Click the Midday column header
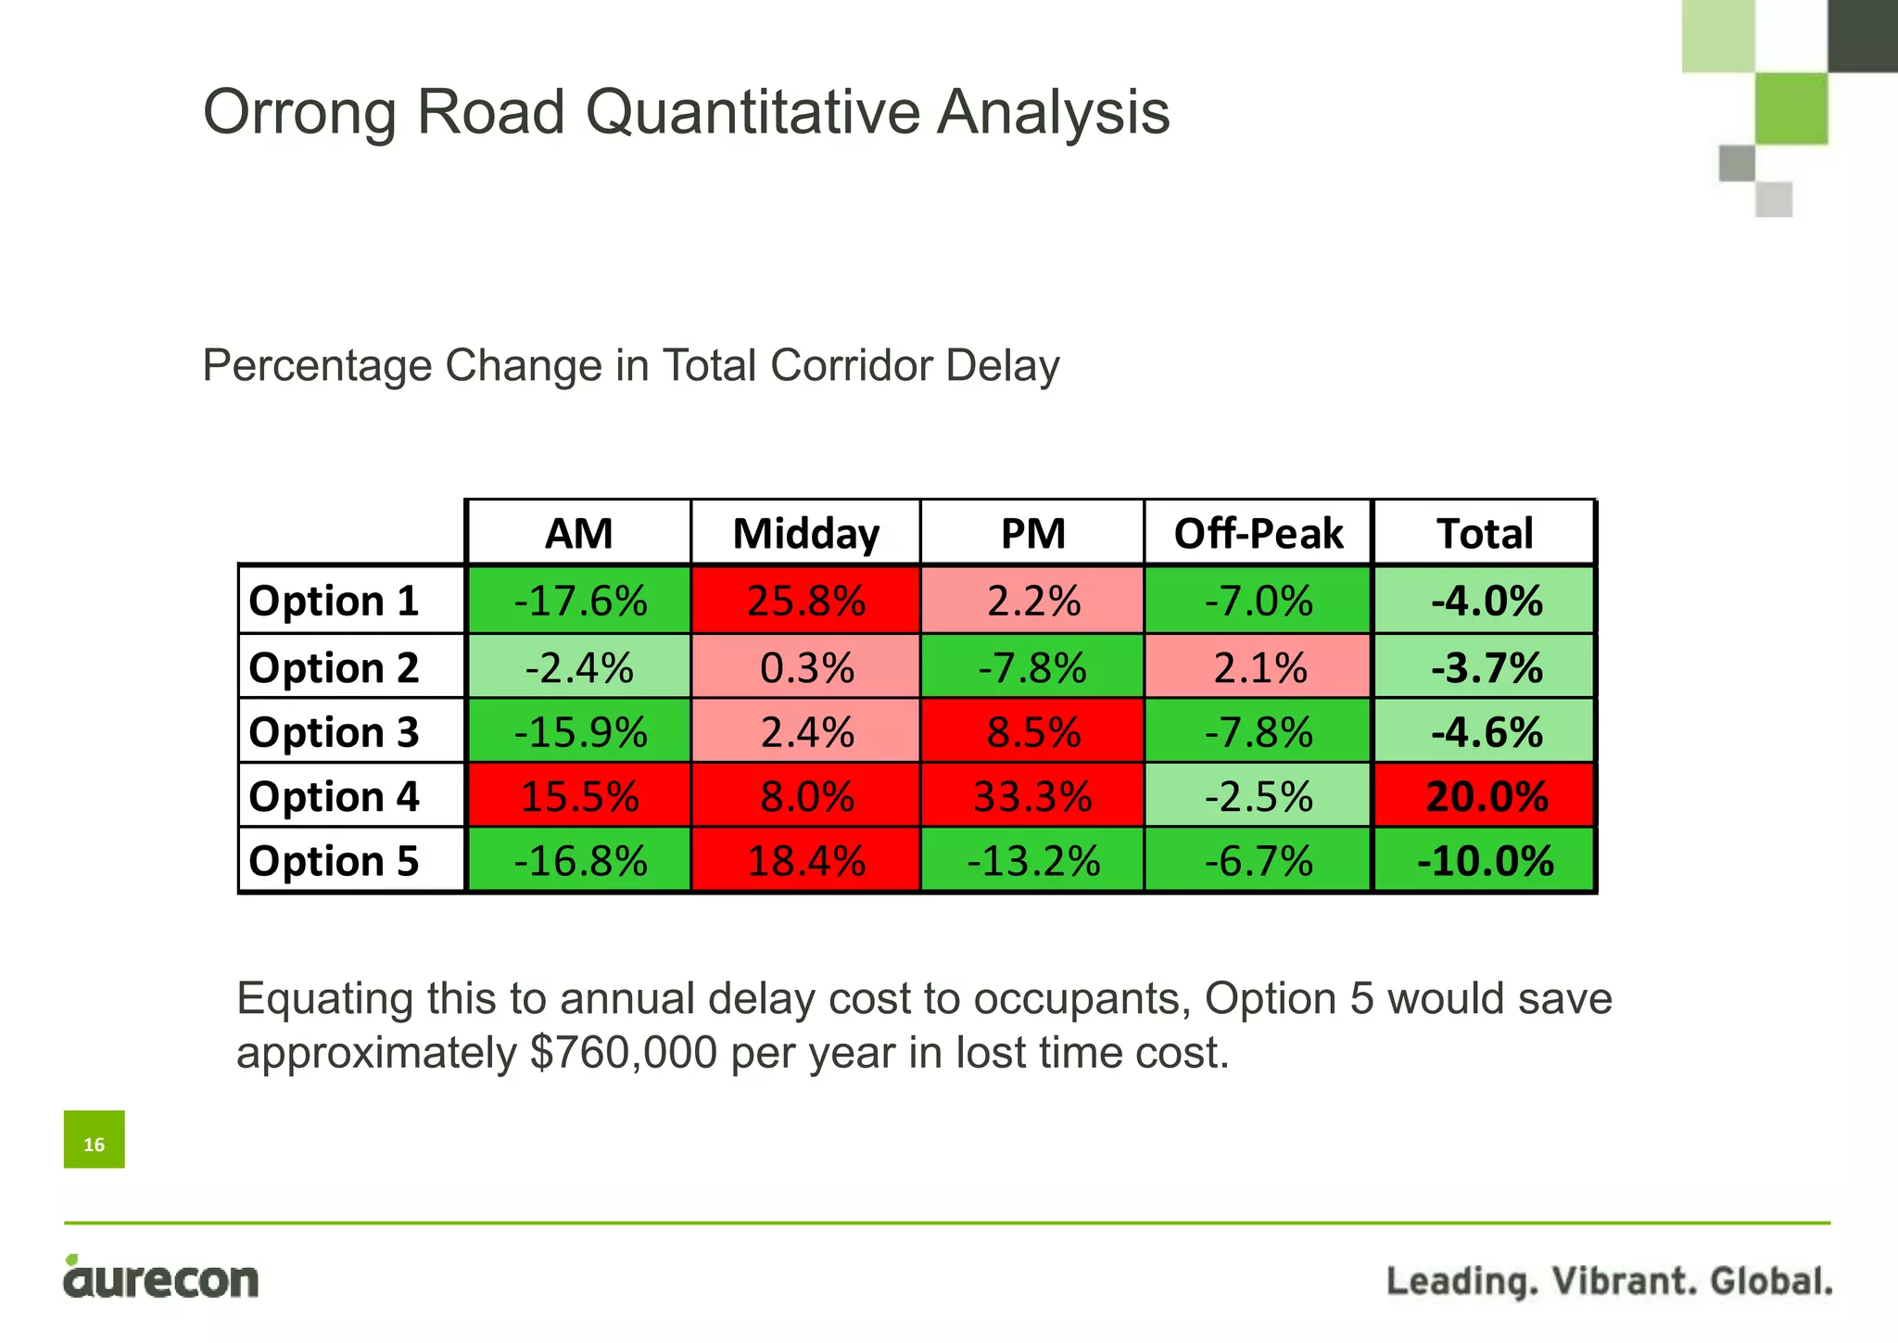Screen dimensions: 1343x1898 coord(805,534)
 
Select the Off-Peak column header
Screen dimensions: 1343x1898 coord(1258,534)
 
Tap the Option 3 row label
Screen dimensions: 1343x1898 coord(334,732)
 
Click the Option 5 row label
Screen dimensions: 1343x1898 coord(334,861)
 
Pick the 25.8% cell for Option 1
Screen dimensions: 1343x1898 coord(805,602)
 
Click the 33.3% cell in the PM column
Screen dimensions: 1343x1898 coord(1032,796)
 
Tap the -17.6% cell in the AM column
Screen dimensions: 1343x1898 coord(579,602)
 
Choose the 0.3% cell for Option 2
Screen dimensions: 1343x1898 coord(805,667)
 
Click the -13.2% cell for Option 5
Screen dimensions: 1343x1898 coord(1032,861)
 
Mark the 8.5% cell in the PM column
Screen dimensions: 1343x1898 coord(1032,732)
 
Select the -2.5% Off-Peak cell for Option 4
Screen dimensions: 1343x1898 coord(1258,796)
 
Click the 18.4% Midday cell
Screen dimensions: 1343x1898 coord(805,861)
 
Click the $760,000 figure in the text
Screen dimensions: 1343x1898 coord(623,1053)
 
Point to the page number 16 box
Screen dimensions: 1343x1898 coord(94,1139)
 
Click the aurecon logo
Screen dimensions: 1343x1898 coord(160,1279)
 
